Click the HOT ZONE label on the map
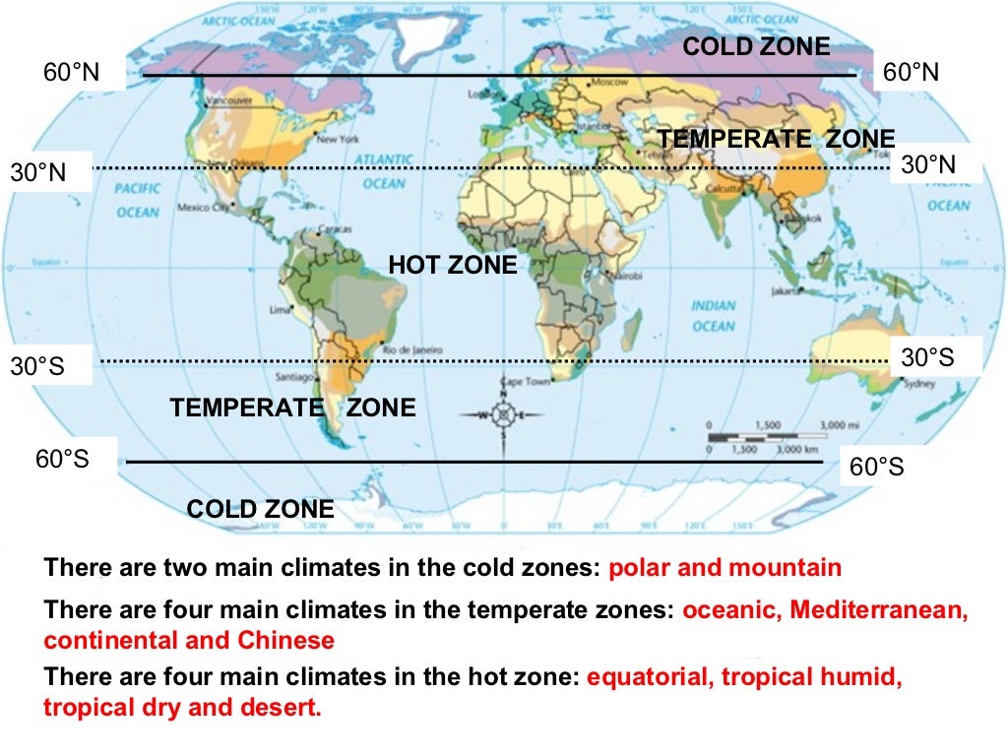tap(452, 265)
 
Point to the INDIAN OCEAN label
tap(714, 316)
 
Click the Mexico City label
tap(204, 208)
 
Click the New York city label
tap(338, 140)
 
